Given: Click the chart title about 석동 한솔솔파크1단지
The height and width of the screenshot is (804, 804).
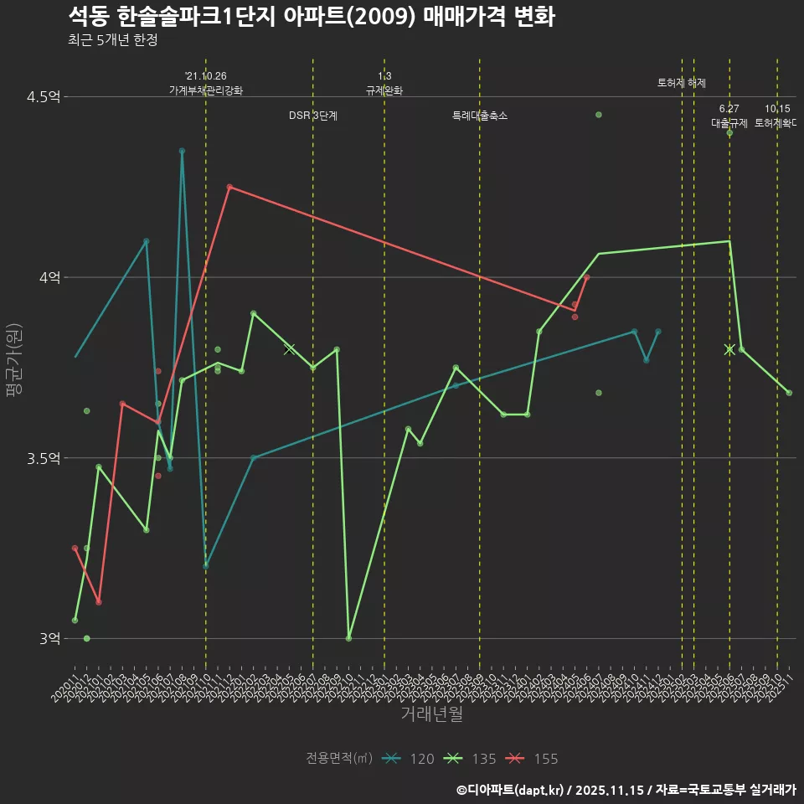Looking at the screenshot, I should click(x=311, y=17).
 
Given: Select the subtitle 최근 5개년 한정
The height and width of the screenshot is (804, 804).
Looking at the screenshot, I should click(x=112, y=40).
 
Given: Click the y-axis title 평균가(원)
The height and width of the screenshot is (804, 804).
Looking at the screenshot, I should click(x=14, y=367).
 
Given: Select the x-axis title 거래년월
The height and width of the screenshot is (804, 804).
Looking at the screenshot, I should click(x=431, y=714).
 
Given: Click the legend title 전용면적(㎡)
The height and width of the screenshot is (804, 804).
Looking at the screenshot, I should click(x=338, y=759).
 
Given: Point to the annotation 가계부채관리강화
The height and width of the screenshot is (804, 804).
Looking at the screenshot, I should click(x=206, y=90).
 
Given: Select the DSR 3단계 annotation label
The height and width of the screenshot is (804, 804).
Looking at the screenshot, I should click(x=312, y=116).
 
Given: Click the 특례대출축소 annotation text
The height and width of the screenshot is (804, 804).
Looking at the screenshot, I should click(x=479, y=116).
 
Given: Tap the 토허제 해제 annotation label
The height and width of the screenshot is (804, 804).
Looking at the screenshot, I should click(x=682, y=83).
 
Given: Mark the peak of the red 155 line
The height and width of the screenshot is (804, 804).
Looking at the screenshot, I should click(x=229, y=187).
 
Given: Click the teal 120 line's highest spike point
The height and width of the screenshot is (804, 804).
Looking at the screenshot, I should click(x=182, y=151).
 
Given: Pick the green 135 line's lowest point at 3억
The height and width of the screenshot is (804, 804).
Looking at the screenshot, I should click(x=348, y=638).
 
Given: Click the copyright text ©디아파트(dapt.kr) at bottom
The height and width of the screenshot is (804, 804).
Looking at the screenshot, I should click(x=512, y=789).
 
